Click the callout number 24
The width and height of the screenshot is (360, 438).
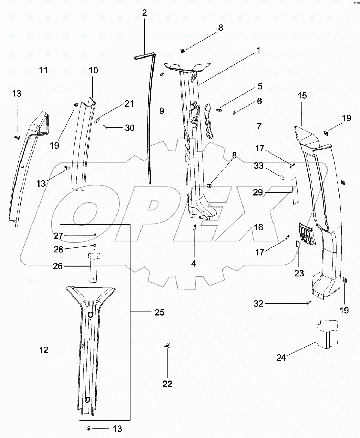[281, 358]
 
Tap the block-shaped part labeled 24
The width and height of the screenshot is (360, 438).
[327, 334]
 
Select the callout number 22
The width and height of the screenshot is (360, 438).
[167, 384]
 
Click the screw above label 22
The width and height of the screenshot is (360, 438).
[167, 346]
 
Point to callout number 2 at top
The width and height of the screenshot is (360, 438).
[144, 13]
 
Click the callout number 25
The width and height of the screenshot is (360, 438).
[160, 312]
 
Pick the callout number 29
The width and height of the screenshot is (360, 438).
[258, 192]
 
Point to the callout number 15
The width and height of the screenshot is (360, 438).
[302, 96]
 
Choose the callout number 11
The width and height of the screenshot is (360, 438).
[43, 70]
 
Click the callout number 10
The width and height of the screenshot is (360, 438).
[93, 70]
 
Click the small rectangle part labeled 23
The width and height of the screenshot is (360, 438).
[297, 244]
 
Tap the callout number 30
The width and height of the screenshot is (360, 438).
[130, 127]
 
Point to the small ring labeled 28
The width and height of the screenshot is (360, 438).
[95, 245]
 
